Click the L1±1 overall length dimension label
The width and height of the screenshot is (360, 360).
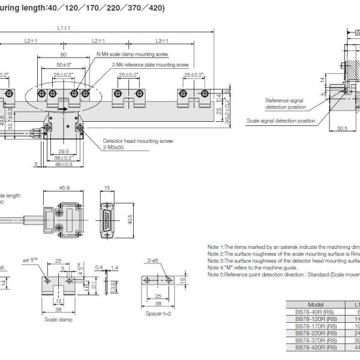(64, 28)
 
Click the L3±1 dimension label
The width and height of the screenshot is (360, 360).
(162, 40)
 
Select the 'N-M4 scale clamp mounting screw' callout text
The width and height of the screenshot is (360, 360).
(132, 53)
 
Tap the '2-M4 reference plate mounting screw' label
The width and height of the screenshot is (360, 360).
(150, 64)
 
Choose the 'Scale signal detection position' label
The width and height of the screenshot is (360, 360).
(281, 120)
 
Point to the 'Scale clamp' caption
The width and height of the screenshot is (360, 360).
(59, 320)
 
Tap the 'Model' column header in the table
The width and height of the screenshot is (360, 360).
(316, 305)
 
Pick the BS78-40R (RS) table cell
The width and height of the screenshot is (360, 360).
(316, 312)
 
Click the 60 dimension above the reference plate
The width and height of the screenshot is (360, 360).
(64, 54)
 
